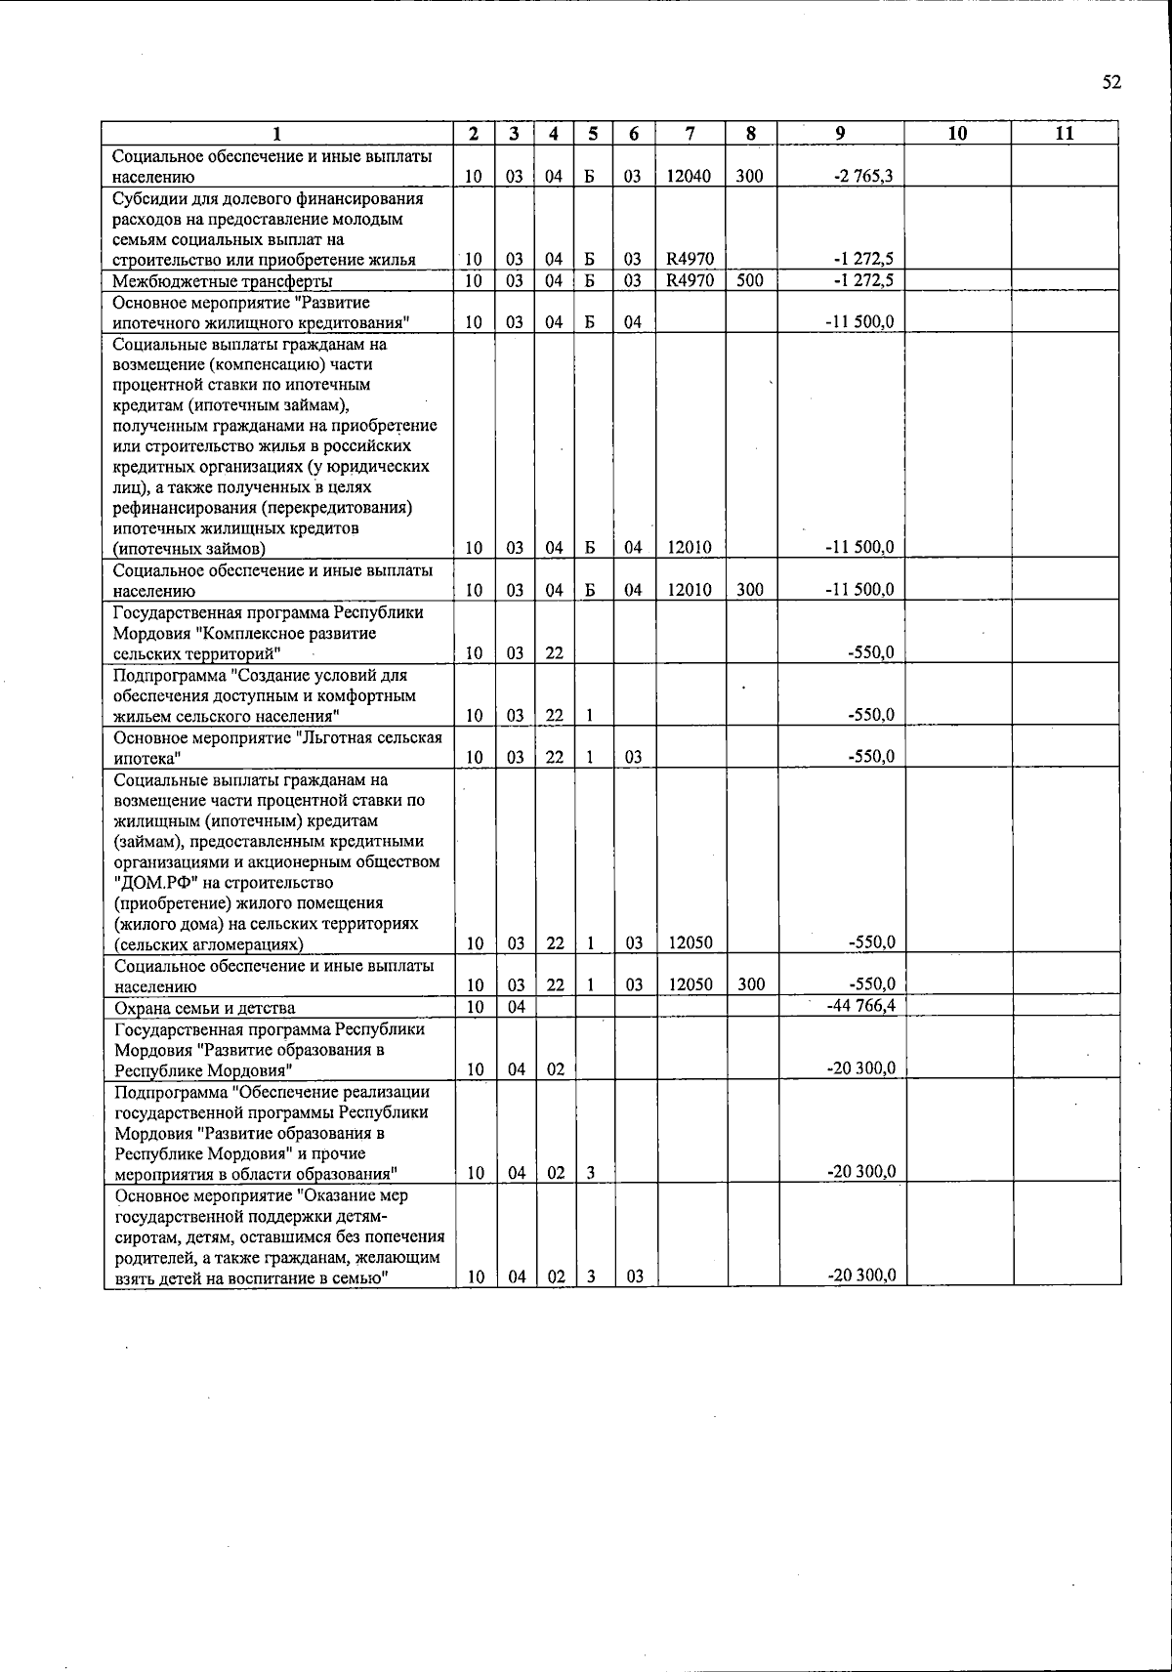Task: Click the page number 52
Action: tap(1111, 83)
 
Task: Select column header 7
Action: tap(690, 135)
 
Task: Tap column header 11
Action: tap(1065, 135)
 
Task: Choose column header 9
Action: tap(840, 135)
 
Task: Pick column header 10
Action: tap(957, 135)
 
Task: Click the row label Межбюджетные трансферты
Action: tap(222, 281)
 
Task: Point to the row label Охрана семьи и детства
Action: tap(205, 1008)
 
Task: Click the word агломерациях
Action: tap(250, 944)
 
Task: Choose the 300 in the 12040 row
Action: tap(749, 178)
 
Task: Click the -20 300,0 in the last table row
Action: tap(861, 1275)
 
